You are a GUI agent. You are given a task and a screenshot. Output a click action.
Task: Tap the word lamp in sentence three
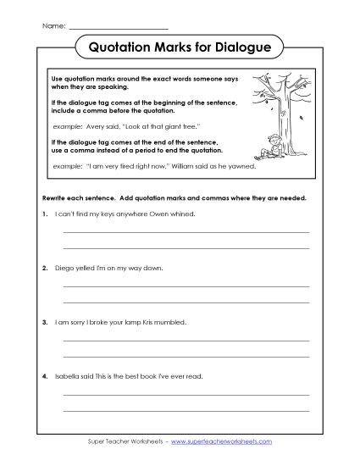[x=133, y=322]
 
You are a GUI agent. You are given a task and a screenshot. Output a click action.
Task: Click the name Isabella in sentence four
[x=68, y=375]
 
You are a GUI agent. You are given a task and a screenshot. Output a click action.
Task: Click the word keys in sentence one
[x=102, y=214]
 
